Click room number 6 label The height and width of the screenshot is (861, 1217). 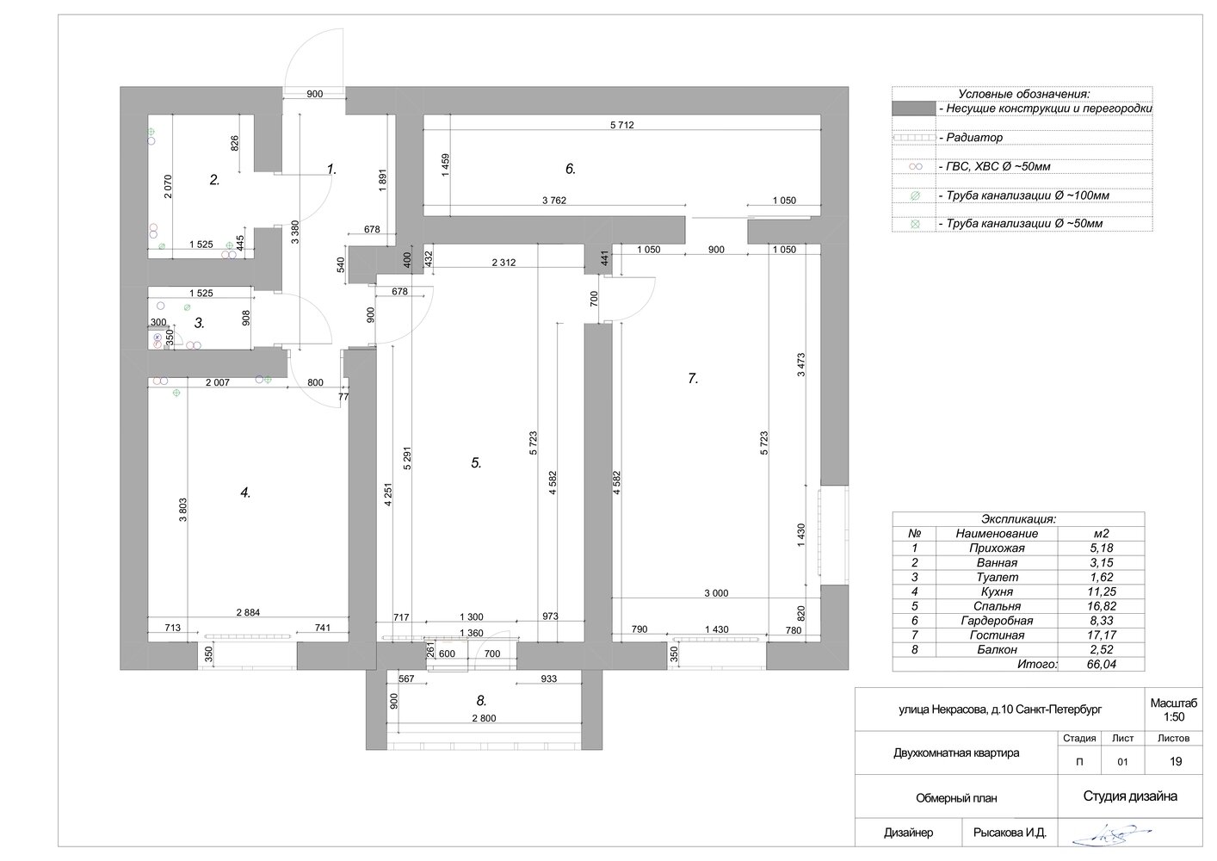pyautogui.click(x=570, y=169)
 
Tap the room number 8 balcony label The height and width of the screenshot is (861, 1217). pyautogui.click(x=481, y=701)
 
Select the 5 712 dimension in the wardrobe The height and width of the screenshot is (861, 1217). pyautogui.click(x=622, y=125)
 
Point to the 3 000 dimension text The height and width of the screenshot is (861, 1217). pyautogui.click(x=716, y=593)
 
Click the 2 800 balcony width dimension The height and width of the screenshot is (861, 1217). pyautogui.click(x=484, y=718)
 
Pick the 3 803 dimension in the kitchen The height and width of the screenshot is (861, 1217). pyautogui.click(x=183, y=510)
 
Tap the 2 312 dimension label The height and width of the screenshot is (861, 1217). pyautogui.click(x=503, y=263)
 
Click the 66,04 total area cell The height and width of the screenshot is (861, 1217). pyautogui.click(x=1102, y=664)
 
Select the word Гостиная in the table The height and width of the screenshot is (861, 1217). pyautogui.click(x=997, y=635)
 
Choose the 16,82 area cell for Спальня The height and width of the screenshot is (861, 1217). pyautogui.click(x=1102, y=606)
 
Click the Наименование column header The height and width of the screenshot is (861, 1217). pyautogui.click(x=997, y=534)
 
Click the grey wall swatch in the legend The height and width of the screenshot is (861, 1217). pyautogui.click(x=914, y=108)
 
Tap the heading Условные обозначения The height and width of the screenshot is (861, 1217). pyautogui.click(x=1023, y=94)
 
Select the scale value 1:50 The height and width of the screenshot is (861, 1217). pyautogui.click(x=1174, y=717)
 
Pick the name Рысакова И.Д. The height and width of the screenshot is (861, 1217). pyautogui.click(x=1010, y=833)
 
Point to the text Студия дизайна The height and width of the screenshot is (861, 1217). pyautogui.click(x=1130, y=796)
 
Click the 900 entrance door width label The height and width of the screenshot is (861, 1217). pyautogui.click(x=314, y=94)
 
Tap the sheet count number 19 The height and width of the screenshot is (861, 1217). pyautogui.click(x=1176, y=761)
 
